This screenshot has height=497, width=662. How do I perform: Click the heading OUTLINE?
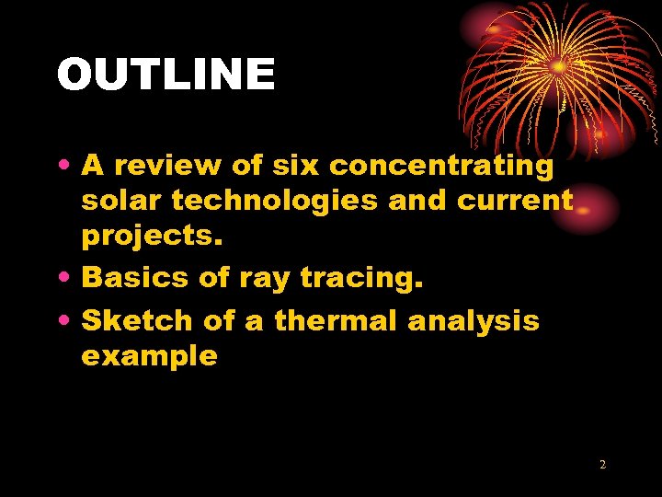click(x=165, y=75)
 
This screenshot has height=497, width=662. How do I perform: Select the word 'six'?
click(x=287, y=166)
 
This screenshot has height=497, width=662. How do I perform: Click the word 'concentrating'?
click(x=441, y=166)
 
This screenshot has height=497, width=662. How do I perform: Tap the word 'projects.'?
click(x=152, y=236)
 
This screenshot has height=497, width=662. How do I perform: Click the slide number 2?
click(x=602, y=465)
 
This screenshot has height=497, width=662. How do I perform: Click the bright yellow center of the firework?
click(x=558, y=66)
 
